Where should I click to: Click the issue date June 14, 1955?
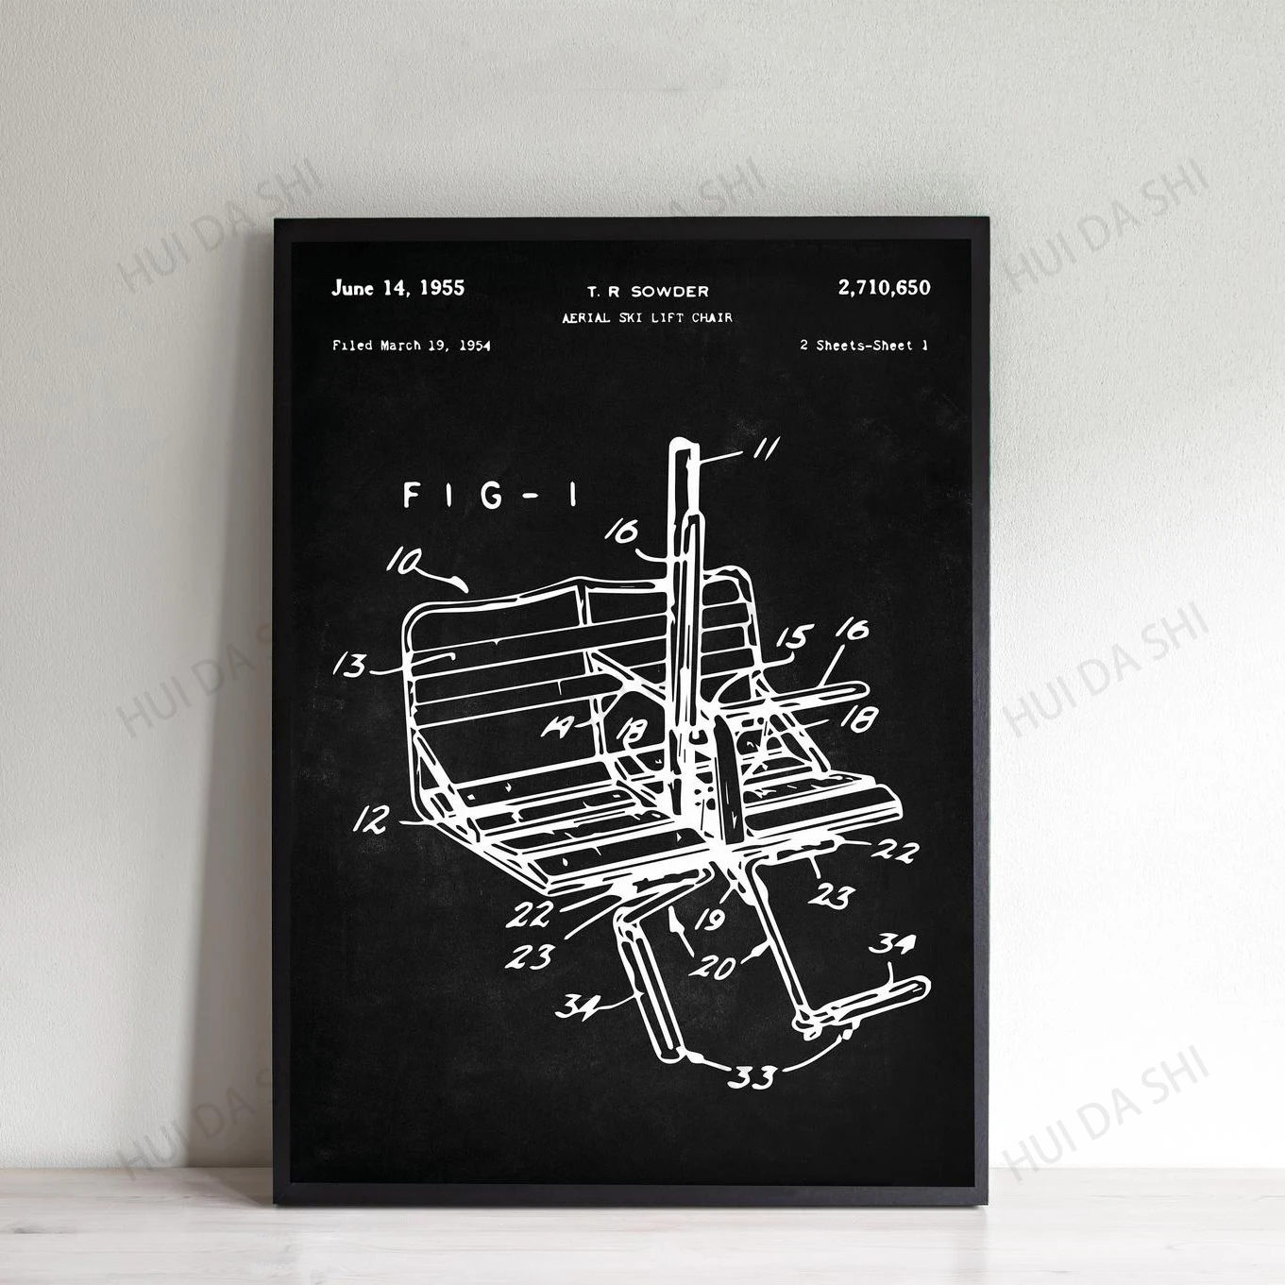(397, 288)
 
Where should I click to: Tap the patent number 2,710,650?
(884, 287)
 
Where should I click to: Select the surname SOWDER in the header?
(669, 292)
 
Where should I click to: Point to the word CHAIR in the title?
(712, 318)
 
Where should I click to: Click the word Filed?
(352, 346)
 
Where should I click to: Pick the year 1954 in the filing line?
(474, 346)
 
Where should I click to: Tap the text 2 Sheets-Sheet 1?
(863, 346)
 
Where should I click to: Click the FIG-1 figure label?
(490, 496)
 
